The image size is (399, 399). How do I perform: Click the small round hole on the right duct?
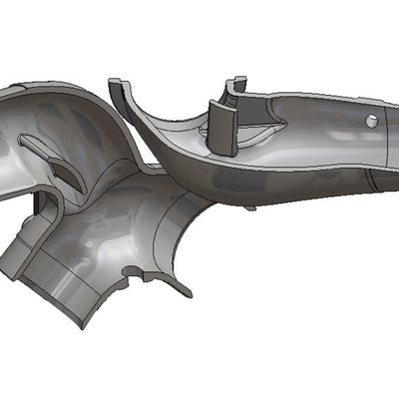[x=371, y=121]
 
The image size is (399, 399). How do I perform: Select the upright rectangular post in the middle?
[x=222, y=127]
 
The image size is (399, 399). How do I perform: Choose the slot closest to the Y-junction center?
[x=68, y=175]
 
